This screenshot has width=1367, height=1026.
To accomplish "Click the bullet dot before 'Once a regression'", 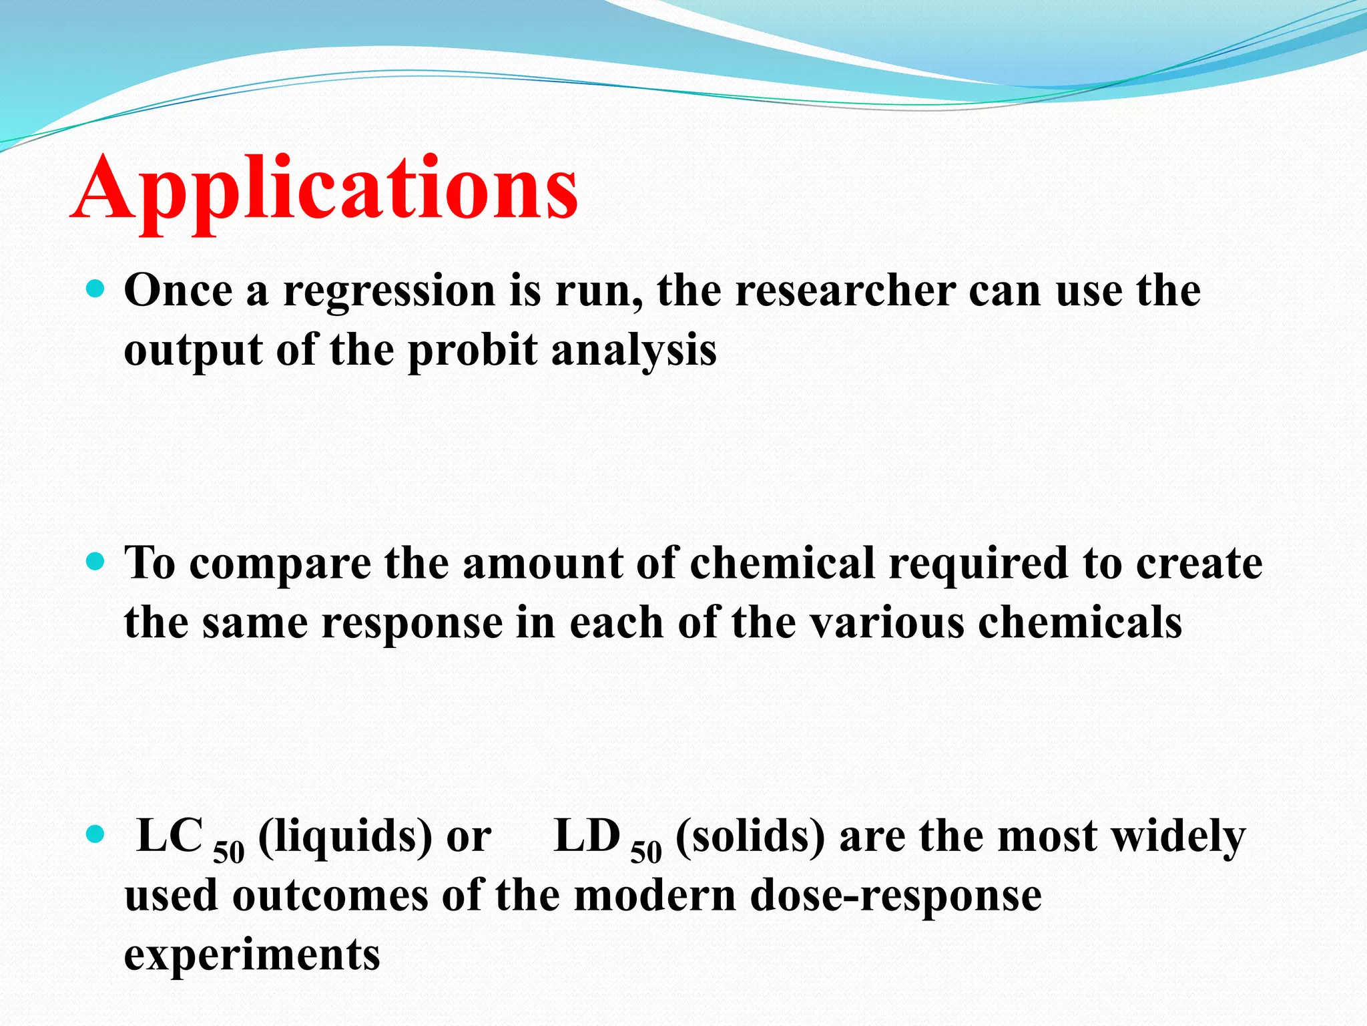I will (97, 289).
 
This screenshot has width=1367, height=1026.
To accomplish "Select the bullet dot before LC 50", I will (97, 834).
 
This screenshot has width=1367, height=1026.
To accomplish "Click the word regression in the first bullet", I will (389, 292).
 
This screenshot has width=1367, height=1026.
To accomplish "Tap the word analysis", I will (634, 351).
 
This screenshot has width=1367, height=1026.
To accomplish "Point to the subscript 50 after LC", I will (229, 853).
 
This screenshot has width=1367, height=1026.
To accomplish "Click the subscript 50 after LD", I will (646, 853).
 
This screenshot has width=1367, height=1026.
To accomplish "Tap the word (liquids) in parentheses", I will (346, 837).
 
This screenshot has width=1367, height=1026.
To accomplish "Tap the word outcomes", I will (330, 895).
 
